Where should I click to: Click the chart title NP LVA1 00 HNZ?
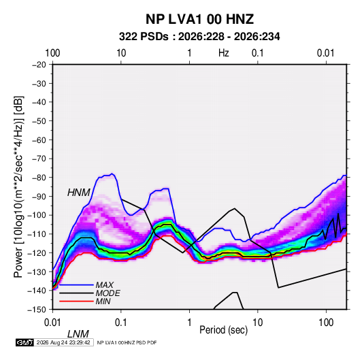[199, 19]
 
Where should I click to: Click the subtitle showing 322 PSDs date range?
[199, 37]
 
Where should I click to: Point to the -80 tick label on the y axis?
[39, 178]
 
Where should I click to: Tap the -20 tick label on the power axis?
[39, 65]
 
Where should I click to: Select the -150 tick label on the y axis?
[37, 310]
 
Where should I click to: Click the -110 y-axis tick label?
[37, 234]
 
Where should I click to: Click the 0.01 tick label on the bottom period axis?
[52, 323]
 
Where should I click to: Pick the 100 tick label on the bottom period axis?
[326, 323]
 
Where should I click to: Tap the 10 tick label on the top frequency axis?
[121, 53]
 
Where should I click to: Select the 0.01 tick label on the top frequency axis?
[326, 53]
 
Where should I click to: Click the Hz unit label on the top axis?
[224, 53]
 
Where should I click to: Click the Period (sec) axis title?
[224, 330]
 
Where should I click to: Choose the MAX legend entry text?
[105, 284]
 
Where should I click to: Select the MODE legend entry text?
[108, 293]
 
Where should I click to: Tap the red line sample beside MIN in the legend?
[76, 301]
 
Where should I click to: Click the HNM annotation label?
[79, 193]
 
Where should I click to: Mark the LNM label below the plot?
[78, 334]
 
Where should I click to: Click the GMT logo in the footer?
[25, 342]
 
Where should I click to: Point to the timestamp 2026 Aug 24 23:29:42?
[63, 342]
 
